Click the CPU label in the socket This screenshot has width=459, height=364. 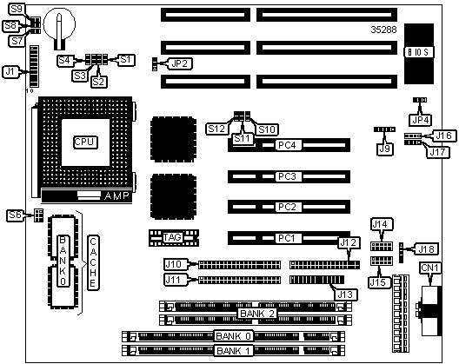[85, 142]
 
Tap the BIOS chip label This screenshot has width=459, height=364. [419, 52]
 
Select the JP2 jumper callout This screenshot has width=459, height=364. [179, 63]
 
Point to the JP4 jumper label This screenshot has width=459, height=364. [421, 120]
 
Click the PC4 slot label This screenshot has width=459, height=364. [288, 145]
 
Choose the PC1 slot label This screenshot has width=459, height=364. [287, 238]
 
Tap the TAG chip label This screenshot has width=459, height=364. [172, 237]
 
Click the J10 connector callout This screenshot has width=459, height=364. [174, 264]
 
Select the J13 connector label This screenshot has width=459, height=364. [345, 295]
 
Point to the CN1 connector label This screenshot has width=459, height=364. [430, 268]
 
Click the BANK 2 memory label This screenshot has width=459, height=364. [257, 314]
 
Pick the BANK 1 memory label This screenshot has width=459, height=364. [234, 351]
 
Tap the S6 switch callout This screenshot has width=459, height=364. [15, 215]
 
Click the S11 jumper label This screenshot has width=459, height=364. [243, 138]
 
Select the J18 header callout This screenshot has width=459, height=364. [428, 249]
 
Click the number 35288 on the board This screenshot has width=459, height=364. [383, 30]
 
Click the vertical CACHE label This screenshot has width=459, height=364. [93, 262]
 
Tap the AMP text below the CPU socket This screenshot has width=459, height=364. [116, 195]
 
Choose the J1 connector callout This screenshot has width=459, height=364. [10, 72]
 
